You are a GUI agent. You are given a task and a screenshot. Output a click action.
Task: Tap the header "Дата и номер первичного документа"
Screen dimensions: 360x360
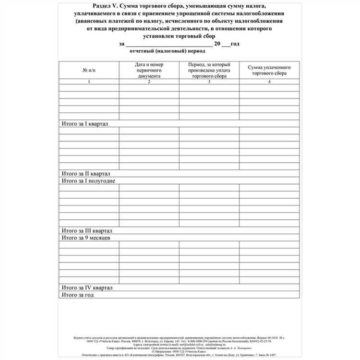(x=149, y=70)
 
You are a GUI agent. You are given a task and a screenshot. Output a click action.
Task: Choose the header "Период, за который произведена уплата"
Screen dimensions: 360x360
(x=209, y=70)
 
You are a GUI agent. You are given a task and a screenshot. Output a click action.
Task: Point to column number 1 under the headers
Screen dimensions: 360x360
(x=89, y=82)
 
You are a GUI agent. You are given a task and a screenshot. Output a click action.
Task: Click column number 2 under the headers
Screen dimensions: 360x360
(x=149, y=82)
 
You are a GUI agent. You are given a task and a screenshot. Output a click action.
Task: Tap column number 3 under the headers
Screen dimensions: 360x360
(x=209, y=82)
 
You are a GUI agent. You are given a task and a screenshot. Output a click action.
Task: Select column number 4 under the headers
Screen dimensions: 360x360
(x=269, y=82)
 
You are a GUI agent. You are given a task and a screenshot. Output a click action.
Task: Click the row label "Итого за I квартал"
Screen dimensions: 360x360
(x=85, y=123)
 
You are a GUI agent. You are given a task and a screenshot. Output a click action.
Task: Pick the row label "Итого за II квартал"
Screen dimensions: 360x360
(x=86, y=173)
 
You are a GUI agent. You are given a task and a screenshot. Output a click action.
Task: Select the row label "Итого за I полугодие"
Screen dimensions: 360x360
(x=89, y=180)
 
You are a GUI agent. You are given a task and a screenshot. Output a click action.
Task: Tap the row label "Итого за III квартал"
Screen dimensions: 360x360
(x=87, y=230)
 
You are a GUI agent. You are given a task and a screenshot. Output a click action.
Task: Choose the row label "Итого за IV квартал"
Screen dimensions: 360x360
(x=87, y=288)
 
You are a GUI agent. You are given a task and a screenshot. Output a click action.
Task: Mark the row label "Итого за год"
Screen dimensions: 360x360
(x=77, y=295)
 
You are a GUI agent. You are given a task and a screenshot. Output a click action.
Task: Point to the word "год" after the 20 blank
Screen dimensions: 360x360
(x=235, y=44)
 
